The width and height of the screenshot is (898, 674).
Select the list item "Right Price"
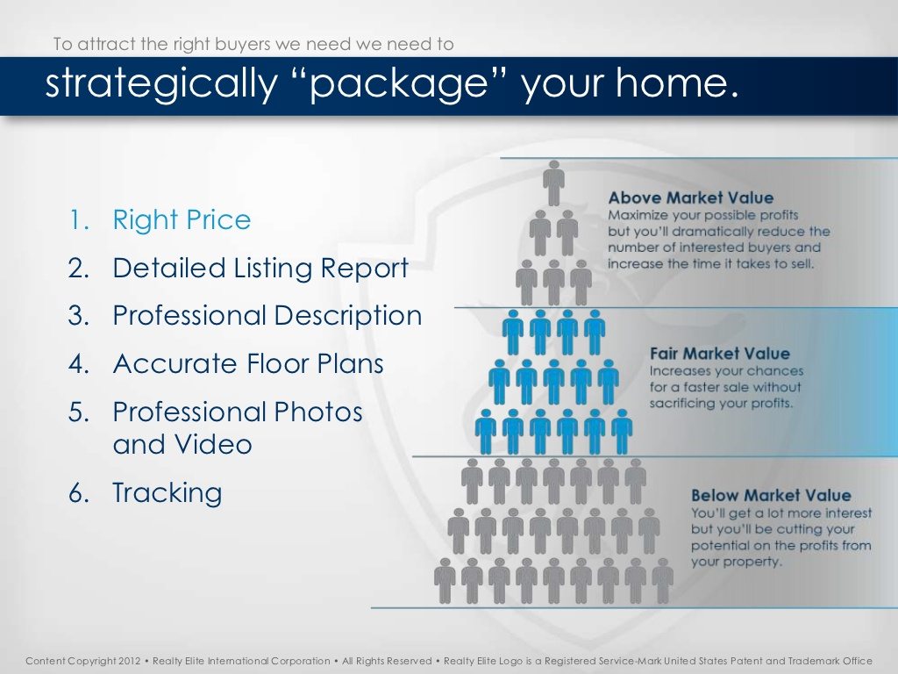[x=182, y=220]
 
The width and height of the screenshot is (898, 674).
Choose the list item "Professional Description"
[x=267, y=316]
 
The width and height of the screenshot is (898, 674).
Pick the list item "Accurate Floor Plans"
[x=248, y=364]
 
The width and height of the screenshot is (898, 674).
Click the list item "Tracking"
[x=167, y=494]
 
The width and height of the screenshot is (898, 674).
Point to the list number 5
[x=78, y=412]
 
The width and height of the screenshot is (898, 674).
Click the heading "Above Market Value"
[x=691, y=197]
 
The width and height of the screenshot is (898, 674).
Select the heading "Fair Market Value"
[x=719, y=353]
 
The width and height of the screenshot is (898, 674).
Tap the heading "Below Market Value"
[x=771, y=495]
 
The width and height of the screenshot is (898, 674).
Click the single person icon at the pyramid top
[x=553, y=183]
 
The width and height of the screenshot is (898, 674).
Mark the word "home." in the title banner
[x=678, y=83]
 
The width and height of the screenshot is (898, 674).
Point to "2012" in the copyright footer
[x=129, y=661]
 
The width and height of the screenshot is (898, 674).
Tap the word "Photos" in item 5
[x=317, y=412]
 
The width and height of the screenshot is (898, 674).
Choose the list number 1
[x=78, y=220]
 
